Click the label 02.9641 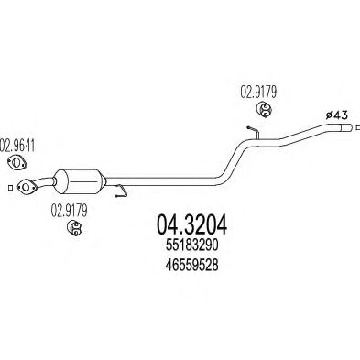pyautogui.click(x=18, y=144)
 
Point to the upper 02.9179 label pyautogui.click(x=258, y=92)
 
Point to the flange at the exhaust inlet pyautogui.click(x=28, y=186)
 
